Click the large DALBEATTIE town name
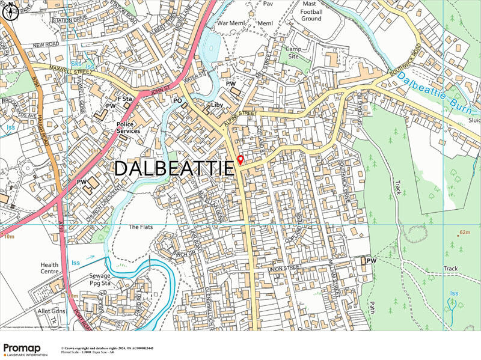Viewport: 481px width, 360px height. [x=173, y=168]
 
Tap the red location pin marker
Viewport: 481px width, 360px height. [x=240, y=160]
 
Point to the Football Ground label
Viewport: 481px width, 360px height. [x=311, y=14]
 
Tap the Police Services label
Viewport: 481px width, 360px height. [x=129, y=127]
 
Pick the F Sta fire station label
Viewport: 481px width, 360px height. [x=123, y=98]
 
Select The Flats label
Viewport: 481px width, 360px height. [x=142, y=227]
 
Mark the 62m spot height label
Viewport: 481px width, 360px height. [x=464, y=232]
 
